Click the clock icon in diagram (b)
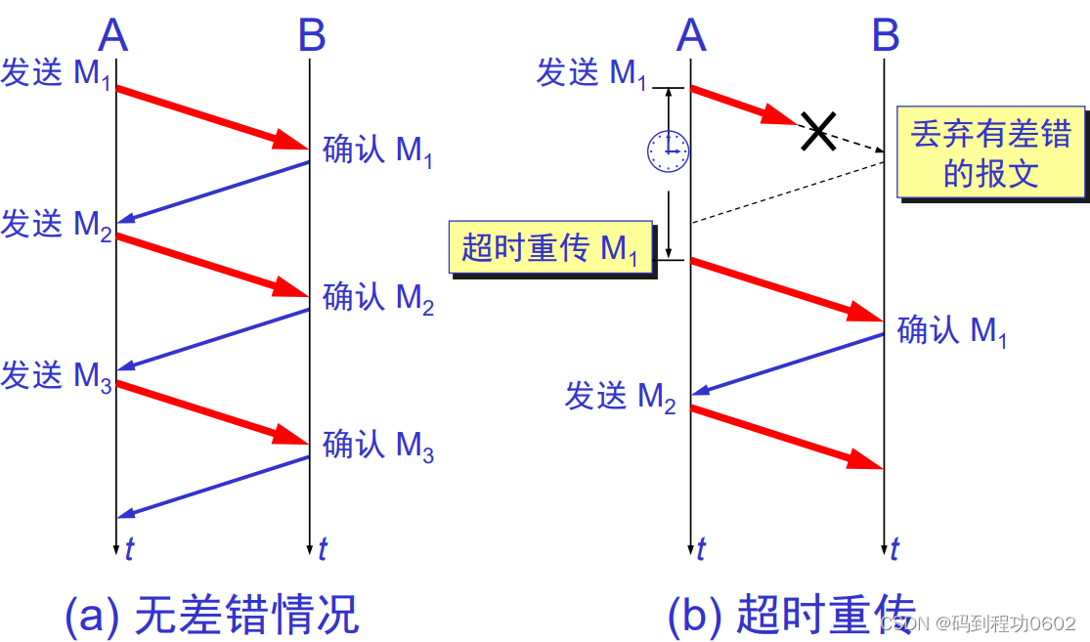(669, 150)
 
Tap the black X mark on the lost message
(817, 130)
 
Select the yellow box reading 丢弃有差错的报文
(990, 152)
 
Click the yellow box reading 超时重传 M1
(550, 247)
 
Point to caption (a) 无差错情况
(212, 616)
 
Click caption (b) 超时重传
(792, 616)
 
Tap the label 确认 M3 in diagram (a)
(377, 446)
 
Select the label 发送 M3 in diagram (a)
(57, 376)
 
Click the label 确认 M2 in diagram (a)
(377, 297)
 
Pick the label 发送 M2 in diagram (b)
(620, 397)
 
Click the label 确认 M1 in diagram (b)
(951, 331)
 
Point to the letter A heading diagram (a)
(113, 37)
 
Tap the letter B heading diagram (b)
(886, 37)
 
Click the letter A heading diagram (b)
(690, 37)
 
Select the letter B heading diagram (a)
(312, 37)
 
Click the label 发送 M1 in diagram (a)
(57, 74)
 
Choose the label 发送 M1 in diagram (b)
(591, 73)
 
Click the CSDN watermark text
(978, 623)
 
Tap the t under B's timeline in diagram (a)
(323, 549)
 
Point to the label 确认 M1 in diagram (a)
(377, 151)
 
